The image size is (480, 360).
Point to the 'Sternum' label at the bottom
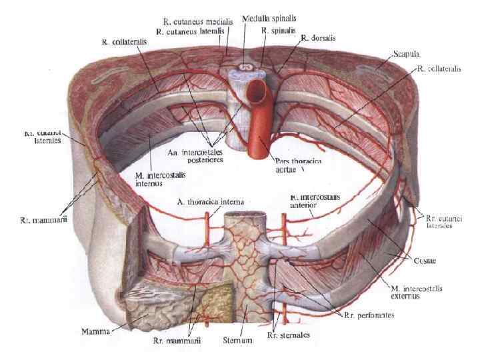coord(236,341)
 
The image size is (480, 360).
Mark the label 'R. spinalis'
coord(274,31)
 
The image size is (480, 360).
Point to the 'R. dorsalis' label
coord(315,38)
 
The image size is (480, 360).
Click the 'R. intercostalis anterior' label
coord(316,201)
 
